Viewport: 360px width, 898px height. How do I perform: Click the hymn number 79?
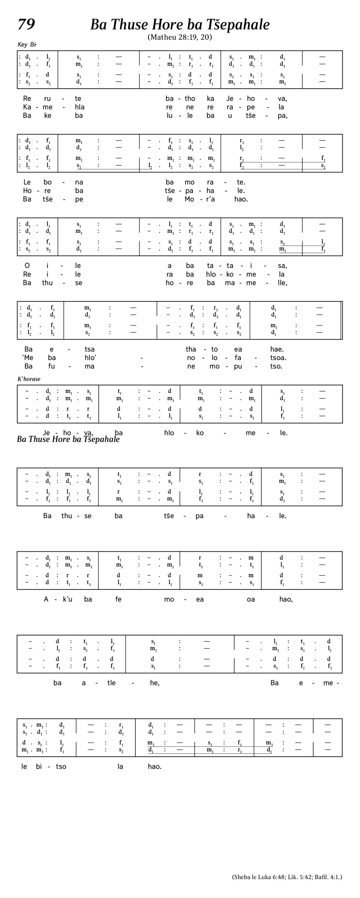coord(26,24)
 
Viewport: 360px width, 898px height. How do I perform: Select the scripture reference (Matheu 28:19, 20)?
coord(180,37)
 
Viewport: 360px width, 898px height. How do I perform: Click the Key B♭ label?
coord(27,45)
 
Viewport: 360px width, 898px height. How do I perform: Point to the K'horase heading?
coord(29,379)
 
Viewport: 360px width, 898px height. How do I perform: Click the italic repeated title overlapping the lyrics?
coord(68,439)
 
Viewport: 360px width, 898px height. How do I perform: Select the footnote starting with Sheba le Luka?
coord(287,877)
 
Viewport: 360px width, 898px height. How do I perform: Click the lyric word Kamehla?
coord(54,107)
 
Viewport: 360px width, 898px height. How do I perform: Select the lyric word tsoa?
coord(278,358)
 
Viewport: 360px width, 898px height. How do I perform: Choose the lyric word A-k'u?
coord(58,599)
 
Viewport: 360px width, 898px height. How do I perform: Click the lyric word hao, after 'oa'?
coord(286,599)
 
